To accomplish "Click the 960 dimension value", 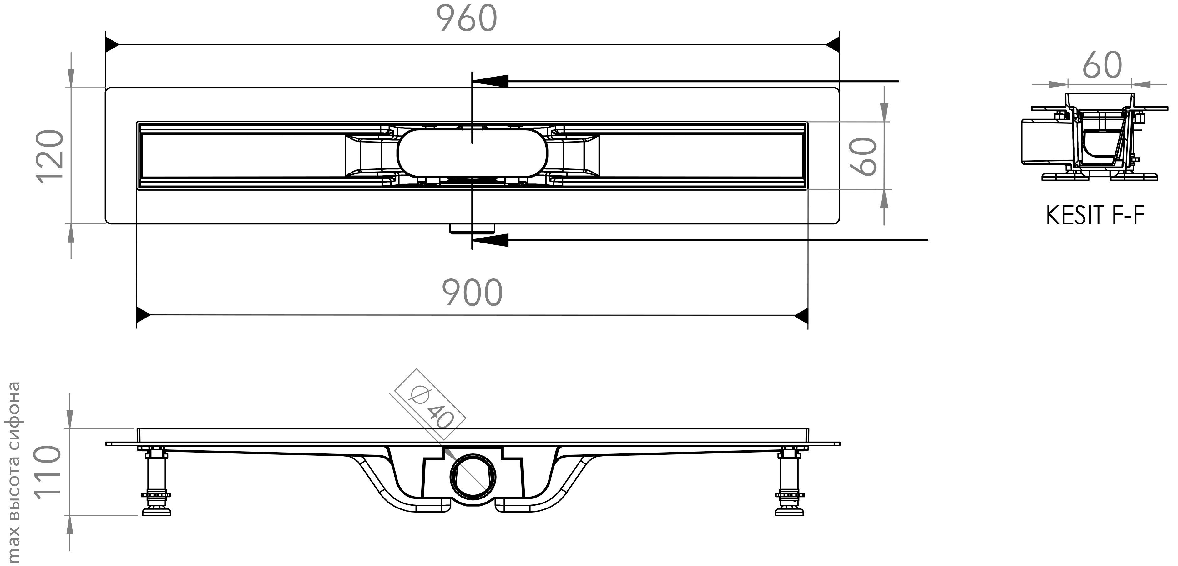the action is [x=467, y=19].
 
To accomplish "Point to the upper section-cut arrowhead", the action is [x=490, y=81].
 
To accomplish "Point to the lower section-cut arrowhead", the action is [x=490, y=240].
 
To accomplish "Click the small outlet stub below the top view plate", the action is [x=473, y=228].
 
